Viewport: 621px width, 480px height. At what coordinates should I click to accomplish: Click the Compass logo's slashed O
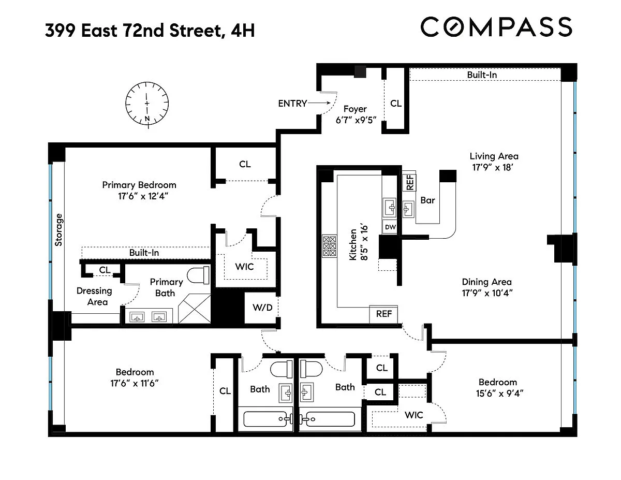[454, 27]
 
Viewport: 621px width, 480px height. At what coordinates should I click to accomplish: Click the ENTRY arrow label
[292, 103]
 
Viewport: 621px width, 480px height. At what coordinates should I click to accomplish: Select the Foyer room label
[355, 109]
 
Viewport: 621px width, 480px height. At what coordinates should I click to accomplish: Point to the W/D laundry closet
[261, 308]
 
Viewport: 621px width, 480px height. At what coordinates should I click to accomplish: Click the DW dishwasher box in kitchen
[390, 227]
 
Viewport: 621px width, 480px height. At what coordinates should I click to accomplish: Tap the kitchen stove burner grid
[330, 246]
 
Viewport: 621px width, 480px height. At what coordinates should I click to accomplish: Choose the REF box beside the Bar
[409, 183]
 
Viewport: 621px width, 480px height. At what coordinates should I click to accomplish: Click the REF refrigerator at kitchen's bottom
[383, 314]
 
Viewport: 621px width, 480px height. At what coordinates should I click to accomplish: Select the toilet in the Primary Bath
[198, 275]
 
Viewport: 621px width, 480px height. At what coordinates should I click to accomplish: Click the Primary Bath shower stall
[195, 309]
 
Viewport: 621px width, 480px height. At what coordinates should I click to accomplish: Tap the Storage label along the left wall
[58, 229]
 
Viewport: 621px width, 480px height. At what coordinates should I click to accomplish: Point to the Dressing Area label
[94, 296]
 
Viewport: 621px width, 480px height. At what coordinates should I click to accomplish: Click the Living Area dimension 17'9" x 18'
[493, 168]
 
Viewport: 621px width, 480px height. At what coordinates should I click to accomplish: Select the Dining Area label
[486, 282]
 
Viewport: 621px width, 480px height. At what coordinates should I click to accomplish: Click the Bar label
[427, 200]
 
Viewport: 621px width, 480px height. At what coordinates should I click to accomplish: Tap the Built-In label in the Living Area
[482, 75]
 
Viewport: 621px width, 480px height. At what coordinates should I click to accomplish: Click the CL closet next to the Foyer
[396, 103]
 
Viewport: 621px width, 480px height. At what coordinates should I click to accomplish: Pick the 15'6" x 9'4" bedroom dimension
[499, 394]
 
